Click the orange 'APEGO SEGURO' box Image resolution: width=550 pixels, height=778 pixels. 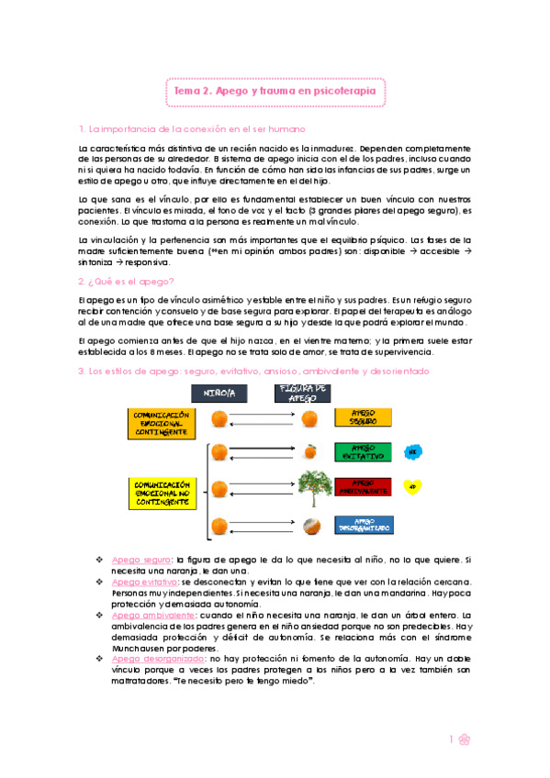tap(363, 419)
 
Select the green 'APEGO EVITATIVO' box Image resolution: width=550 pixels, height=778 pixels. tap(363, 451)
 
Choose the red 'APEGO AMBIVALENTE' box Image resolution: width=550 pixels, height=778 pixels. tap(363, 485)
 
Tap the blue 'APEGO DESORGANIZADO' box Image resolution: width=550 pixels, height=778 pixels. tap(363, 527)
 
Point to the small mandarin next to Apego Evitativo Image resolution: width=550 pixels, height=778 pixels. tap(311, 451)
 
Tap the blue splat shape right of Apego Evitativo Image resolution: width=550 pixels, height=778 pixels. tap(413, 451)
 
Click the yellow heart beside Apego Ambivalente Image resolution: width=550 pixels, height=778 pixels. tap(413, 486)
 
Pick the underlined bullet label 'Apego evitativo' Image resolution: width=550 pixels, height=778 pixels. tap(142, 582)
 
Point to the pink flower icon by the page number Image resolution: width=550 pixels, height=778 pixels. tap(466, 739)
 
